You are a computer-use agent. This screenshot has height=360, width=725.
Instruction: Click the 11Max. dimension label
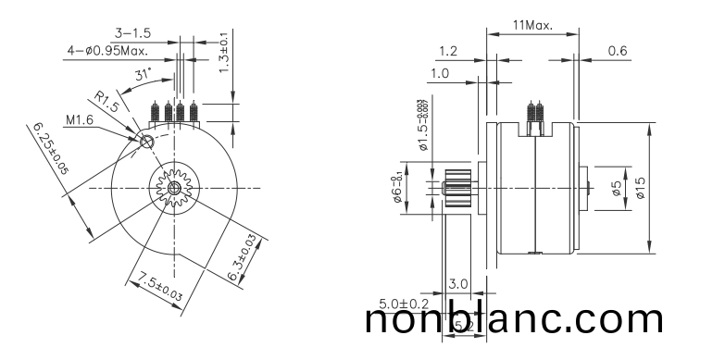tap(532, 25)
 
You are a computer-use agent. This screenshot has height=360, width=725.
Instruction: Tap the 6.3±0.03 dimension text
tap(243, 258)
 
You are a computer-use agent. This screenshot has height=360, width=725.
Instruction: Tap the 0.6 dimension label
tap(618, 50)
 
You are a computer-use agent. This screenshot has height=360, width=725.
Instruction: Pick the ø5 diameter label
tap(617, 189)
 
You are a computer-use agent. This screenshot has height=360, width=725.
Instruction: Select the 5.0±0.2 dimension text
tap(404, 304)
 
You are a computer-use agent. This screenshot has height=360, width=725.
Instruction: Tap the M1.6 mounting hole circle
tap(147, 142)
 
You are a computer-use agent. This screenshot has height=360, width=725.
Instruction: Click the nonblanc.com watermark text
tap(514, 319)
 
